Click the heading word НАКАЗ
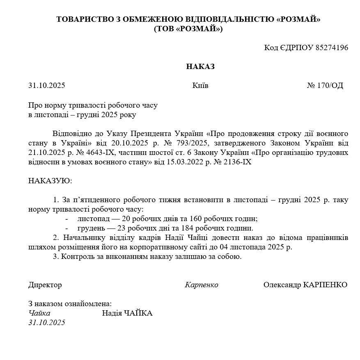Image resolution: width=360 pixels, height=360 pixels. [200, 67]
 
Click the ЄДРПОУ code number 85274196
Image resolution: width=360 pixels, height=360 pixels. [332, 48]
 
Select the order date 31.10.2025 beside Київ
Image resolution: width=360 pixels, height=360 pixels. [46, 86]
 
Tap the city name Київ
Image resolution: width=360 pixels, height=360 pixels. [200, 86]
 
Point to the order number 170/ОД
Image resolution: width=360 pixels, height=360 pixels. [330, 86]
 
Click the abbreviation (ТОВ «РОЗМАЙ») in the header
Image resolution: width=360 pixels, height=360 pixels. [188, 29]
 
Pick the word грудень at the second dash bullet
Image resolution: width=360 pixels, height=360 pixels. [91, 228]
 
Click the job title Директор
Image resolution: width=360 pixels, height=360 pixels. [45, 285]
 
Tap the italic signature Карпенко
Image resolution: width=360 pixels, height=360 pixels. [202, 285]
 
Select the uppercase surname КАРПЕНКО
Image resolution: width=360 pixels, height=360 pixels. [325, 285]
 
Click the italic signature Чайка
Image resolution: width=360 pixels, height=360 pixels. [39, 314]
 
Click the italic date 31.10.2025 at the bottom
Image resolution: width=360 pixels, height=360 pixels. [46, 323]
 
